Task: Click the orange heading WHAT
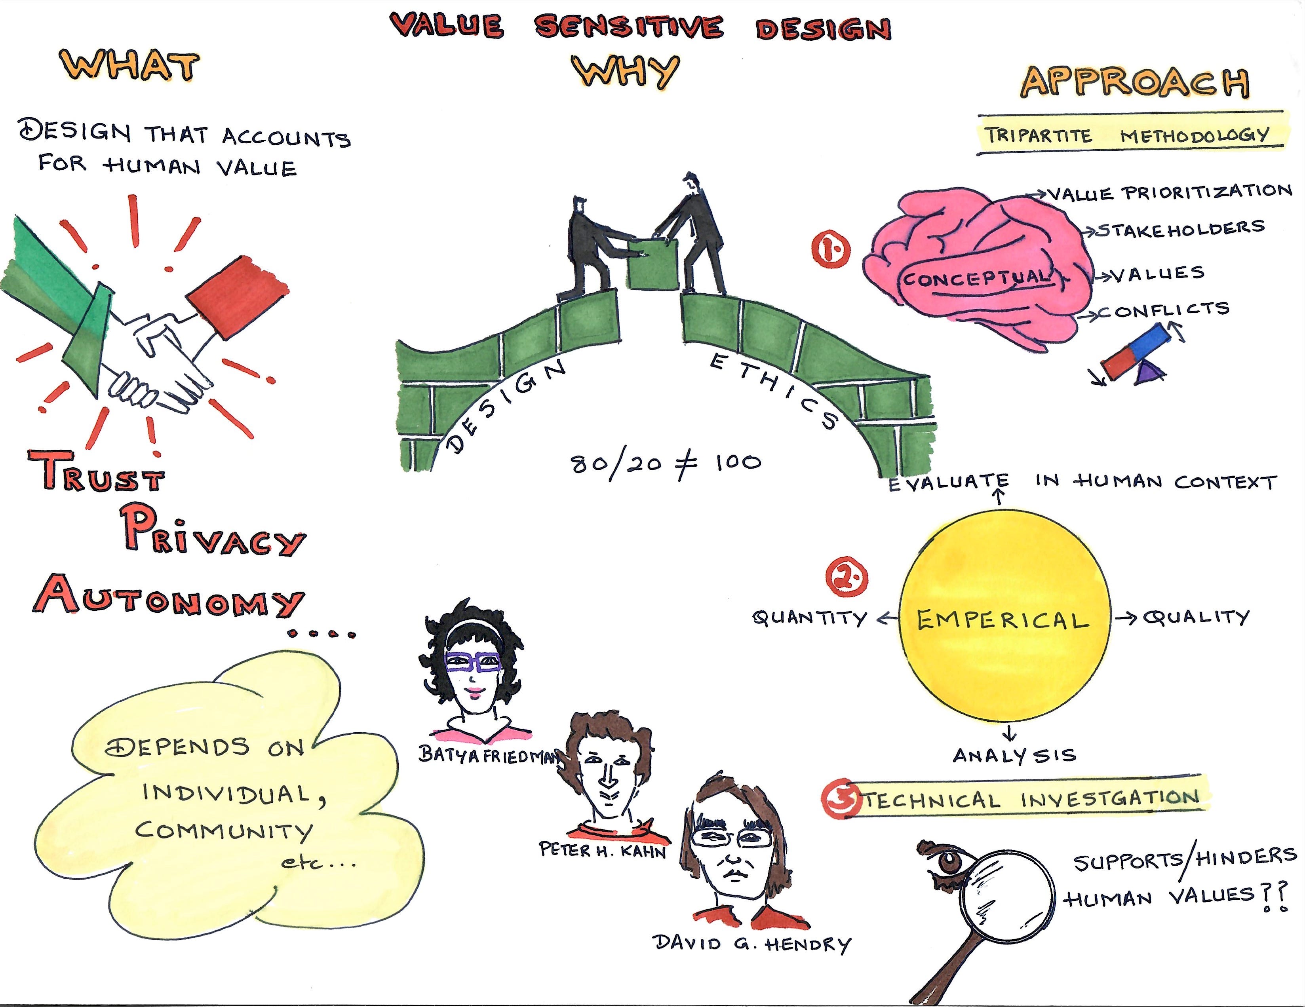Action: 129,66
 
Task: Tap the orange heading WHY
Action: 626,72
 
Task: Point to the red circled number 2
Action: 847,578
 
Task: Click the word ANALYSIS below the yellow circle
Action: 1014,756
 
